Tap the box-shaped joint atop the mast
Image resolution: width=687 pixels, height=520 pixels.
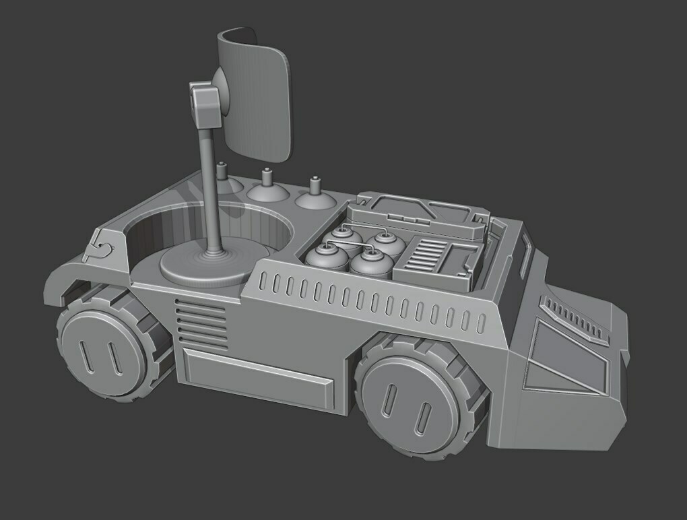(205, 106)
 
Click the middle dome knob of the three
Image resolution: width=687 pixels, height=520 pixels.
(267, 189)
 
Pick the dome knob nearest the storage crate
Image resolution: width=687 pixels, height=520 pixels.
(314, 197)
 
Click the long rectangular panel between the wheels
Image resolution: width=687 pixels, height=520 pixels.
(259, 378)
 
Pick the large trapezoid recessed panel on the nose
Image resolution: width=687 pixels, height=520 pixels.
(569, 350)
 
